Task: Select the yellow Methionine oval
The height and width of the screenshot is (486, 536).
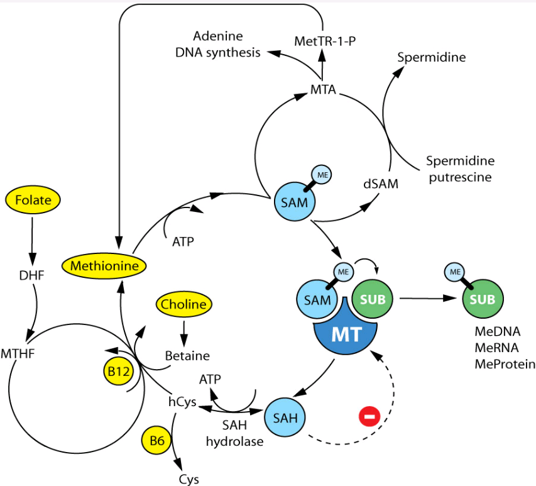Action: coord(104,266)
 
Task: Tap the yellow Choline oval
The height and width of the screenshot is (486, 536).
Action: coord(183,304)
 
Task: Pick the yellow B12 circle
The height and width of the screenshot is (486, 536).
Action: coord(118,372)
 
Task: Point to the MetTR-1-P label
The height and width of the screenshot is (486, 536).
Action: coord(322,41)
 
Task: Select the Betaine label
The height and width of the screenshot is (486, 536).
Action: coord(187,356)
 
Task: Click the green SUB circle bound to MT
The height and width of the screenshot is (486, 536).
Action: coord(373,299)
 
